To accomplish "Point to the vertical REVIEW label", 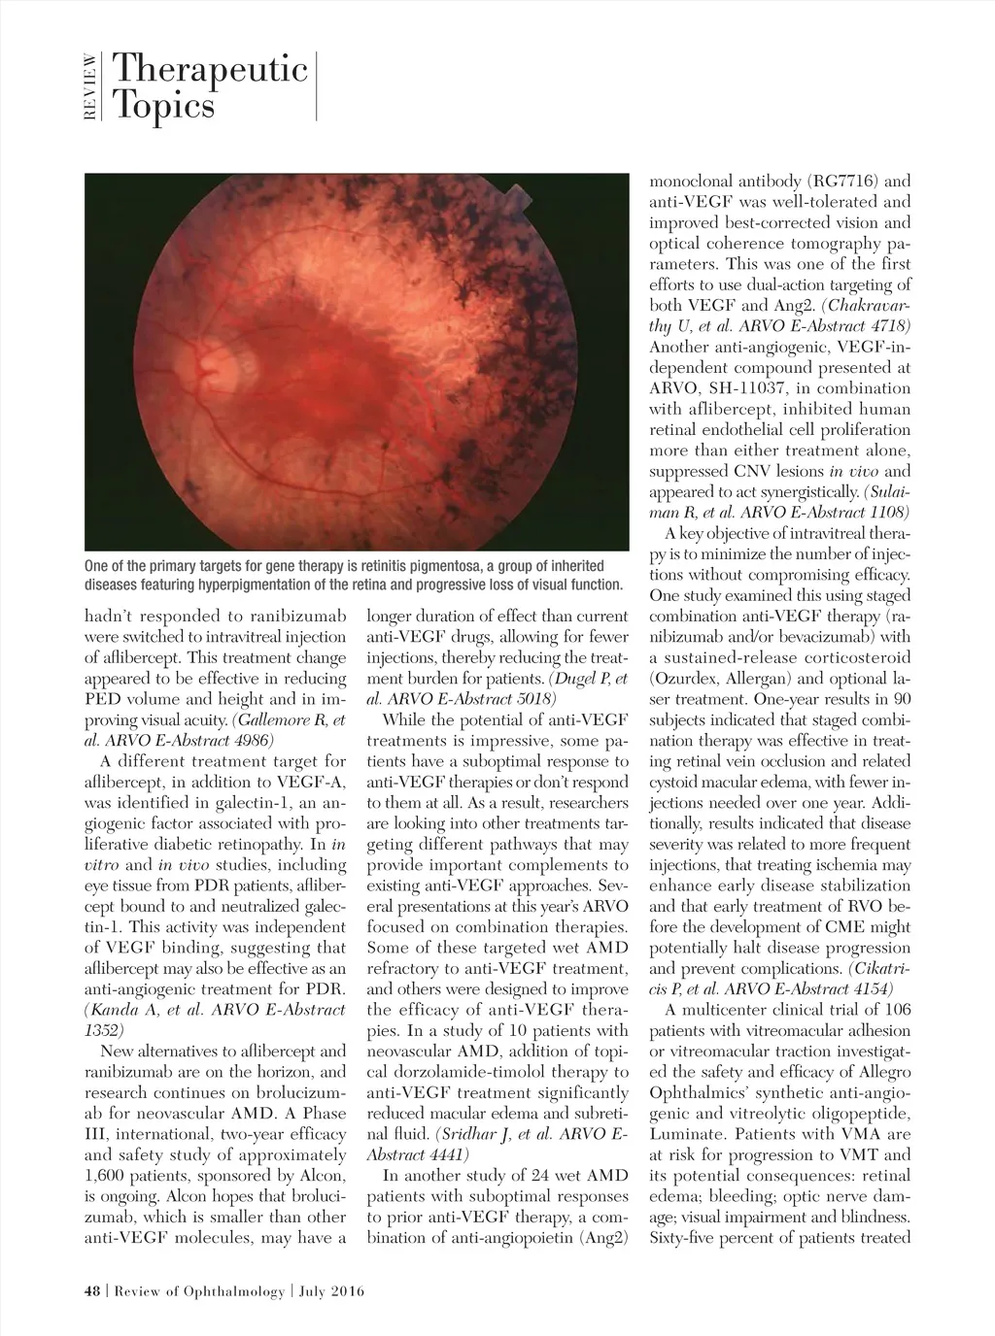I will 90,87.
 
